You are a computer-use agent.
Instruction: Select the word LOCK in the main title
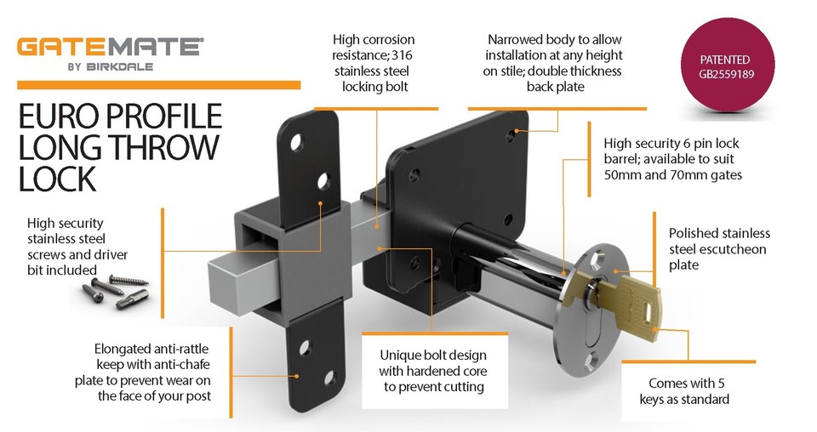point(58,179)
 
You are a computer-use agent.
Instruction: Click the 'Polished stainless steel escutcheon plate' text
point(718,248)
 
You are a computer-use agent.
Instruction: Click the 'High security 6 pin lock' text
point(671,159)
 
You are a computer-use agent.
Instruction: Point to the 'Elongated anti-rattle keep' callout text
point(152,372)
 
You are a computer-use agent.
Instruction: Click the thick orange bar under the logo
point(159,85)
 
